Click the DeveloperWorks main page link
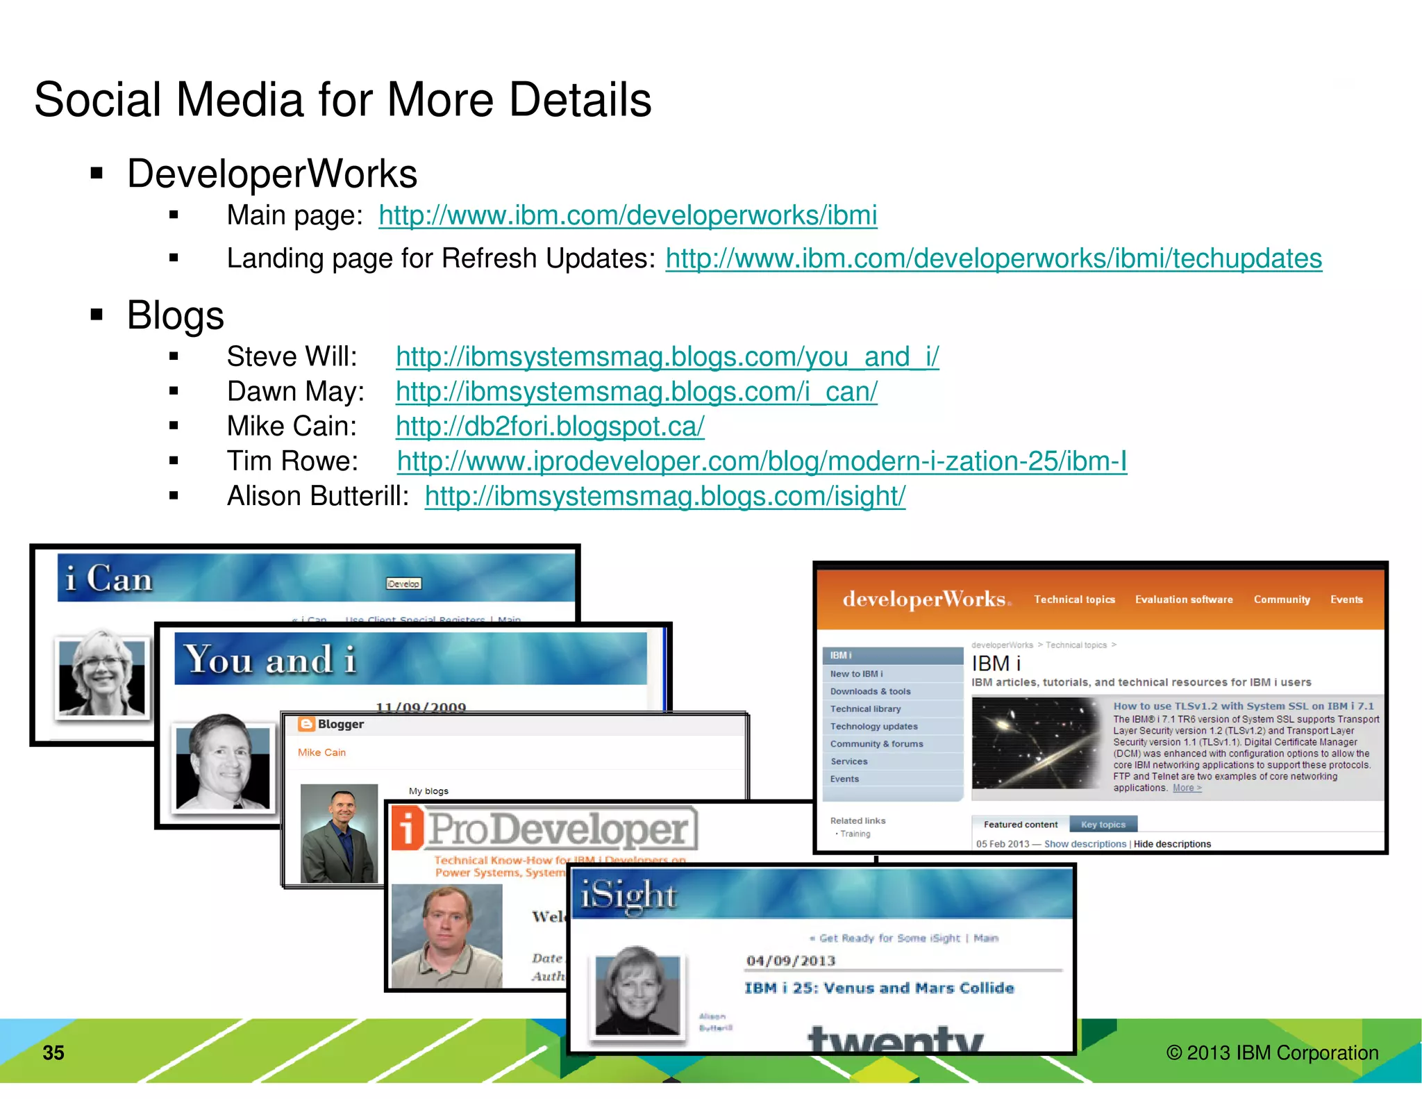[x=628, y=216]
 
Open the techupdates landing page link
[x=993, y=259]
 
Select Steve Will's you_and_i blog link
[x=667, y=357]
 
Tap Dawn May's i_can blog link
[x=636, y=392]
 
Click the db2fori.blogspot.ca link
[x=550, y=427]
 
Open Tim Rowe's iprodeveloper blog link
[x=762, y=461]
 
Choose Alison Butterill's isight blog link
[x=664, y=497]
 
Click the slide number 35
[x=53, y=1052]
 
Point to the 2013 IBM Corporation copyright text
[x=1272, y=1052]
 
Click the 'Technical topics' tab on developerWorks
[x=1074, y=600]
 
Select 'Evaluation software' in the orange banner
[x=1184, y=600]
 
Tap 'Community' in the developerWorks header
[x=1282, y=600]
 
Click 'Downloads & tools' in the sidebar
[x=870, y=691]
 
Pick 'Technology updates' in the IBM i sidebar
[x=873, y=726]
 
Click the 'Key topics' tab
[x=1103, y=825]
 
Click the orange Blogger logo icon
[x=306, y=724]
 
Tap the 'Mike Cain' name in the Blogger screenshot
[x=321, y=752]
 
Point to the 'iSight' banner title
[x=628, y=894]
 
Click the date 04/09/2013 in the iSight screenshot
[x=790, y=961]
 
